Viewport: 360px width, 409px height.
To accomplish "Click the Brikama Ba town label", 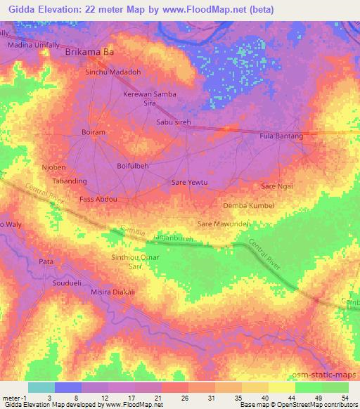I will click(x=89, y=52).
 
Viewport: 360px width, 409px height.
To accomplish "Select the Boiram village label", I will click(x=93, y=132).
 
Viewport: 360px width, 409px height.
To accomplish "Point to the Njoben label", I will click(x=53, y=168).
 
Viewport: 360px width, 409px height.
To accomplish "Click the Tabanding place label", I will click(x=70, y=181).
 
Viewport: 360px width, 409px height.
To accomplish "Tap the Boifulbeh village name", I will click(x=132, y=166).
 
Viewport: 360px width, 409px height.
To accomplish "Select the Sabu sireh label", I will click(x=173, y=122).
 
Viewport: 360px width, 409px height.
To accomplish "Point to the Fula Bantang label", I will click(x=281, y=136).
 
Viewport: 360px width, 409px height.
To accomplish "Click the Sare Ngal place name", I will click(x=276, y=186).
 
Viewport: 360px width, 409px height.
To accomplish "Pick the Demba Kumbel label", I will click(x=247, y=205).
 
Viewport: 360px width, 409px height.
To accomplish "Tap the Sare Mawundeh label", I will click(x=224, y=224).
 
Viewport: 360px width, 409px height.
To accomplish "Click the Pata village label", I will click(x=46, y=261).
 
